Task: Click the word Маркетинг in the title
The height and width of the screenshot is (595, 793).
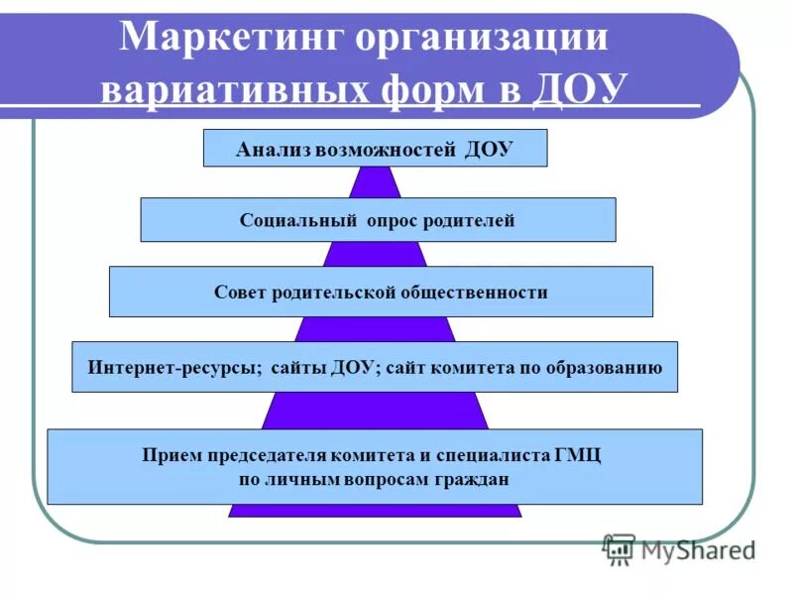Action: pos(232,39)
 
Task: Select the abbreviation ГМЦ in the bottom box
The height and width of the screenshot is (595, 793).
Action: pos(576,456)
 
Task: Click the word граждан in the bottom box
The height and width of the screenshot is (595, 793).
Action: pos(476,479)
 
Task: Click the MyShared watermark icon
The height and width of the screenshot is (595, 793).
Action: pos(621,548)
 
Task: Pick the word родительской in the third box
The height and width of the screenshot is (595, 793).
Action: pos(336,293)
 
